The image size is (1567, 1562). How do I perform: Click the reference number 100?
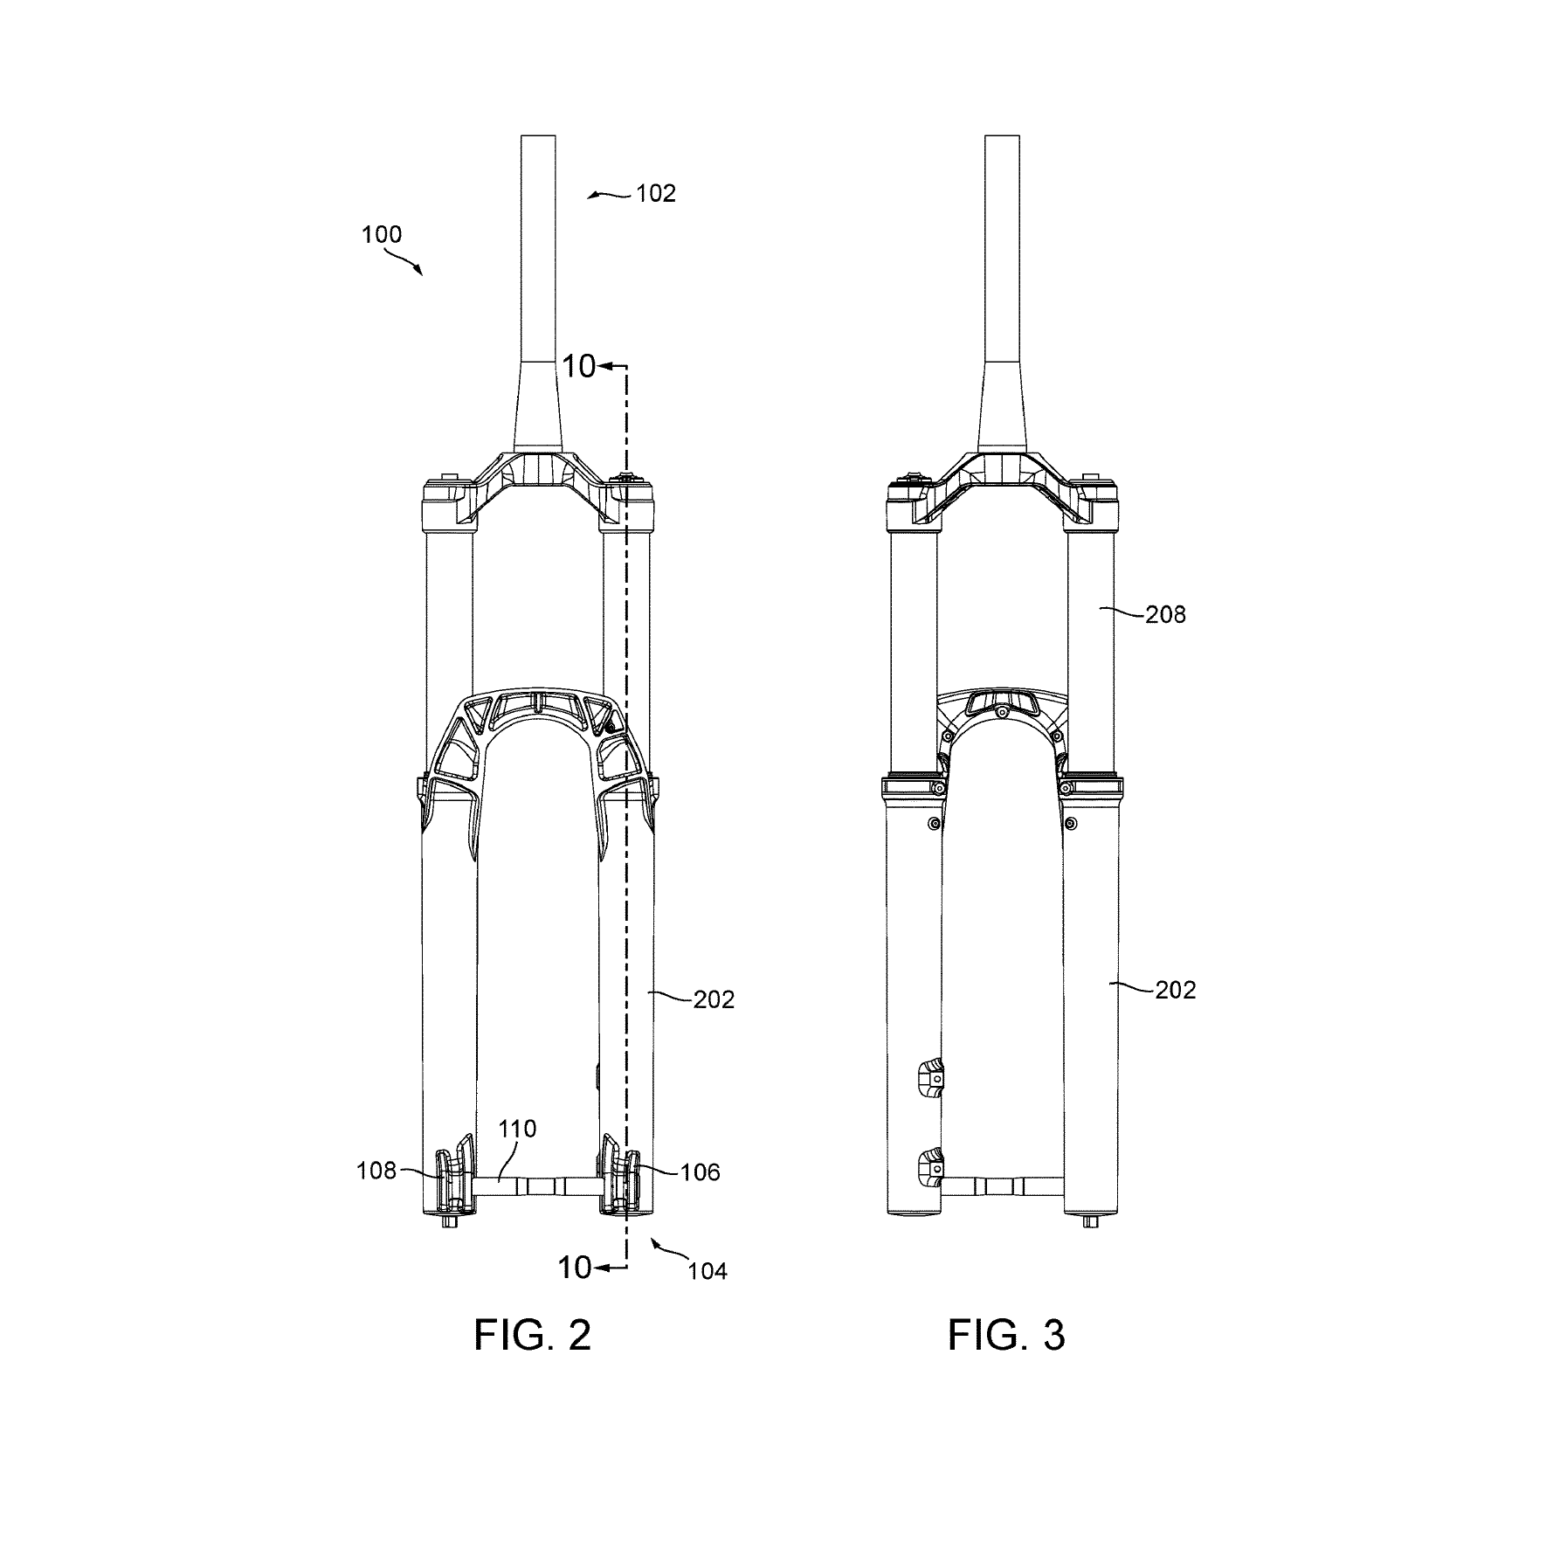(x=382, y=234)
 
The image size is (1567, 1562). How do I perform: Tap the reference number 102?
(x=655, y=193)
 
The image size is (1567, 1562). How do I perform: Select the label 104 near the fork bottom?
(x=707, y=1270)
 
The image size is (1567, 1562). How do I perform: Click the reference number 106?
(x=700, y=1171)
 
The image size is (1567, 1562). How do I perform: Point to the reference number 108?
(x=376, y=1171)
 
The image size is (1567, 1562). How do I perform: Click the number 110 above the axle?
(x=517, y=1129)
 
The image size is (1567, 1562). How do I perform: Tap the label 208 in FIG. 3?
(x=1165, y=614)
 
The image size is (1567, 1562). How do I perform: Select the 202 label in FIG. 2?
(x=714, y=999)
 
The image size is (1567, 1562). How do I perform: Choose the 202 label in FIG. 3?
(x=1175, y=990)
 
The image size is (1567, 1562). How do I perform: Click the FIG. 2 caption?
(x=532, y=1336)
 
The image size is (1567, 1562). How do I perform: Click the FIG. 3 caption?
(x=1006, y=1336)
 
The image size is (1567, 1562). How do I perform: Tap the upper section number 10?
(x=577, y=366)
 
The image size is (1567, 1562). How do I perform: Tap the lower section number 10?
(x=574, y=1267)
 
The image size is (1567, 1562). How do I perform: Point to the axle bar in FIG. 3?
(x=1002, y=1185)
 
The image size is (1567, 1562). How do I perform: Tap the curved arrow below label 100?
(x=404, y=260)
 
